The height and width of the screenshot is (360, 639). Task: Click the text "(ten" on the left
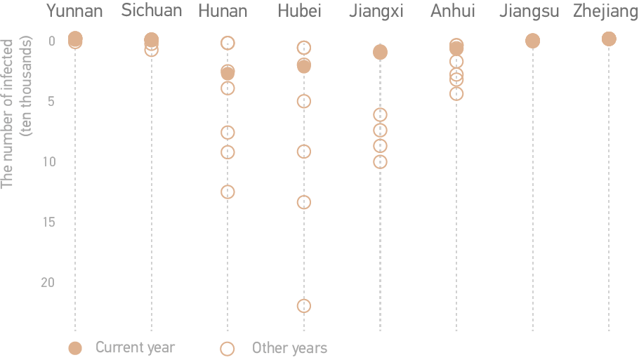click(27, 124)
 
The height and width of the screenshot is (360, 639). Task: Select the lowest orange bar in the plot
click(303, 305)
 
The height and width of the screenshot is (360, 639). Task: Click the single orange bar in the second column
click(151, 53)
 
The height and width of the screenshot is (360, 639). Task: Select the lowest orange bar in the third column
click(227, 191)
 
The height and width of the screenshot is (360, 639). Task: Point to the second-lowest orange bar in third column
click(227, 152)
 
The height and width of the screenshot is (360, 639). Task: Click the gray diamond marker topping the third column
click(228, 44)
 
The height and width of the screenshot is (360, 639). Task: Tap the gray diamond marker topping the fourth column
click(304, 47)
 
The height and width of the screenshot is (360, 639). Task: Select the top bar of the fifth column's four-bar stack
click(380, 113)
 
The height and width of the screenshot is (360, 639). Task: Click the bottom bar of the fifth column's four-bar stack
click(380, 164)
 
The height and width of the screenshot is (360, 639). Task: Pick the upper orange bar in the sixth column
click(456, 74)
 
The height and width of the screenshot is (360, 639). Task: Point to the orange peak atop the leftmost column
click(76, 35)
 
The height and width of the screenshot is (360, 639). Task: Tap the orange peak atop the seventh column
click(532, 36)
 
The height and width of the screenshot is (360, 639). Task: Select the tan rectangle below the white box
click(25, 267)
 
